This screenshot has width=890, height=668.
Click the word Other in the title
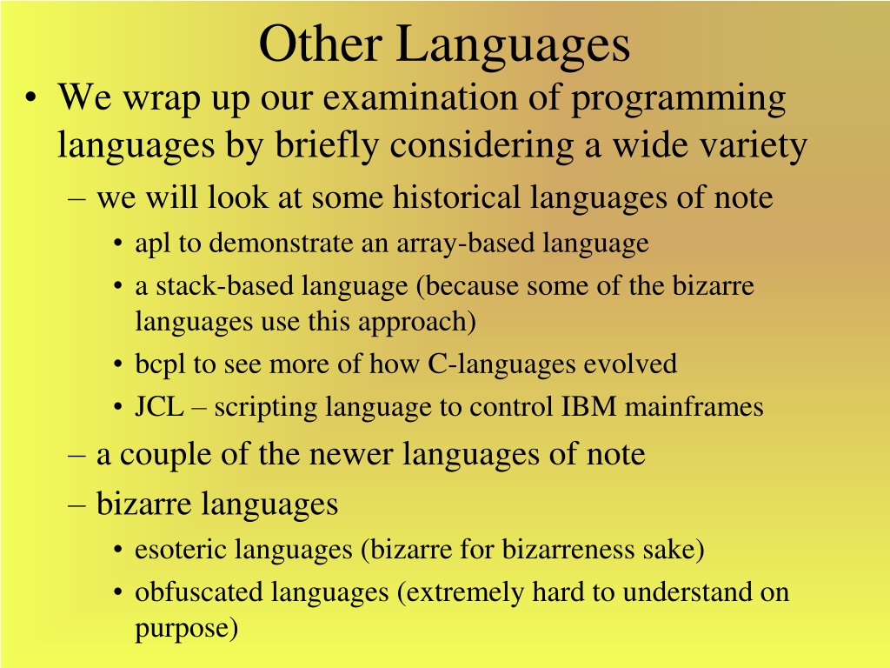tap(320, 43)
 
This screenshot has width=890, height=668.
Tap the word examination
tap(421, 97)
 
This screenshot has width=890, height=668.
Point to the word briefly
tap(327, 145)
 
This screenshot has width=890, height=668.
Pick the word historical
tap(456, 197)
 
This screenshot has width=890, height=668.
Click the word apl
tap(153, 244)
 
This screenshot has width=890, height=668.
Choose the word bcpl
tap(160, 364)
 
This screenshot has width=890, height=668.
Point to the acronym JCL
tap(160, 407)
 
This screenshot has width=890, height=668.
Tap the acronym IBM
tap(588, 407)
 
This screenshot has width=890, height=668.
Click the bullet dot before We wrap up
tap(30, 97)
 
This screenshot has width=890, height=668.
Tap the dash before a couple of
tap(76, 456)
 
